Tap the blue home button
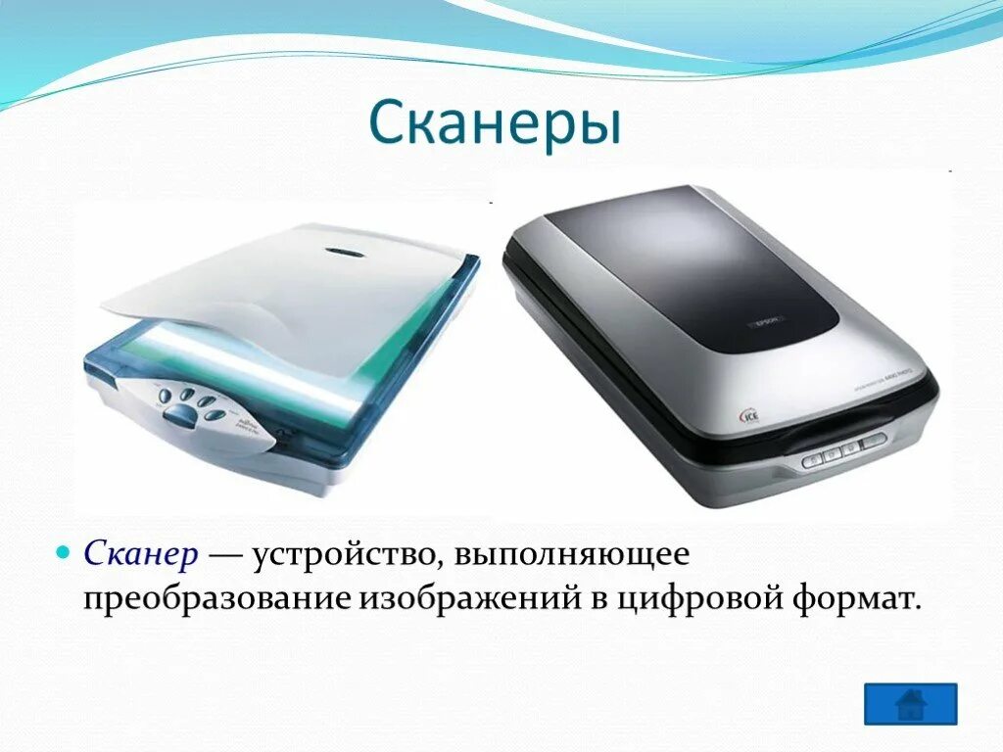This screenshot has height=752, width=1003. [910, 703]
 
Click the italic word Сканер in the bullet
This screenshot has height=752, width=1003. [142, 554]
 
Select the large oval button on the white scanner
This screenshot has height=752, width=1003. [178, 416]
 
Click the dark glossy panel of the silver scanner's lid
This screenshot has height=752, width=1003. [686, 264]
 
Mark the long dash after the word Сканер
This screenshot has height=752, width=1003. [227, 554]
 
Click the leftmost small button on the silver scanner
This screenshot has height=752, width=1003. [814, 458]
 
